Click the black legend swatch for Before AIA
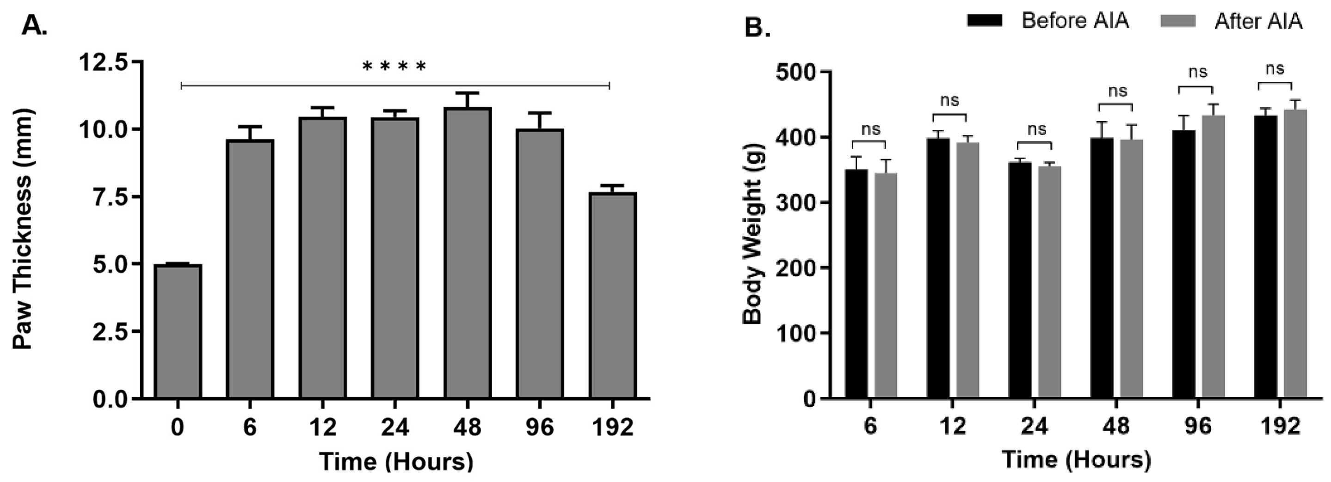(984, 21)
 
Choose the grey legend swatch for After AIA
(1177, 21)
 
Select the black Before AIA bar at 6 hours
(856, 284)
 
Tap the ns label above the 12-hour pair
(949, 100)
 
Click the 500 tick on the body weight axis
(796, 72)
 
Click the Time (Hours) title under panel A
(396, 461)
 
